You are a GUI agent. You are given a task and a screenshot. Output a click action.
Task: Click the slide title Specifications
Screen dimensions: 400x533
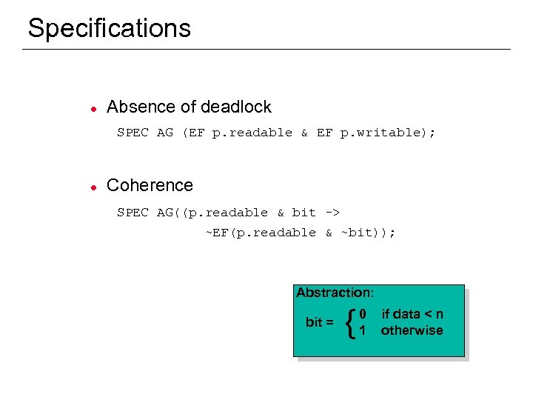click(x=109, y=28)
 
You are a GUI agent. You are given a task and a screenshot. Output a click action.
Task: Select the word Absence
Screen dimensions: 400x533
click(x=137, y=107)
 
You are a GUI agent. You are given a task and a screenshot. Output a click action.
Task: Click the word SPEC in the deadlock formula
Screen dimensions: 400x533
click(x=133, y=133)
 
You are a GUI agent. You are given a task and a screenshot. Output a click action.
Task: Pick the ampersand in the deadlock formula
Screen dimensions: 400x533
click(x=304, y=133)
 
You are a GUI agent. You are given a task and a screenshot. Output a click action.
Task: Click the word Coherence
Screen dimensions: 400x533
click(x=150, y=185)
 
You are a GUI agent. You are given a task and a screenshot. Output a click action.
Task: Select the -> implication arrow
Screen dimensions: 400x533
click(x=332, y=213)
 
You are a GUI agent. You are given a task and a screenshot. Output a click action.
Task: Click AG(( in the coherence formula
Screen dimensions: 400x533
click(x=172, y=213)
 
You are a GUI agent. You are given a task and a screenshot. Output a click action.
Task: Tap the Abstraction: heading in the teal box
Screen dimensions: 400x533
click(x=335, y=293)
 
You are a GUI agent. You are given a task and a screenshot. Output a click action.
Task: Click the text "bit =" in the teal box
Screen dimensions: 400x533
click(x=319, y=322)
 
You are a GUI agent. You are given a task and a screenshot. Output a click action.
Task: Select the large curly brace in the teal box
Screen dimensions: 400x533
click(x=350, y=322)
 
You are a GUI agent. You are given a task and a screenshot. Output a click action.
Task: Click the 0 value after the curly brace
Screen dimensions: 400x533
click(x=363, y=315)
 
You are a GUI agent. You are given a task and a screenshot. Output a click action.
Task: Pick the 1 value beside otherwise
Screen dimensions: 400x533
click(x=363, y=330)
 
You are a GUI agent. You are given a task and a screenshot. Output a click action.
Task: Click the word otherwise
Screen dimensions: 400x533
click(x=412, y=330)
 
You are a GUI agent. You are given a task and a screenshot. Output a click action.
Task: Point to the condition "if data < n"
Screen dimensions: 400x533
click(x=412, y=315)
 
